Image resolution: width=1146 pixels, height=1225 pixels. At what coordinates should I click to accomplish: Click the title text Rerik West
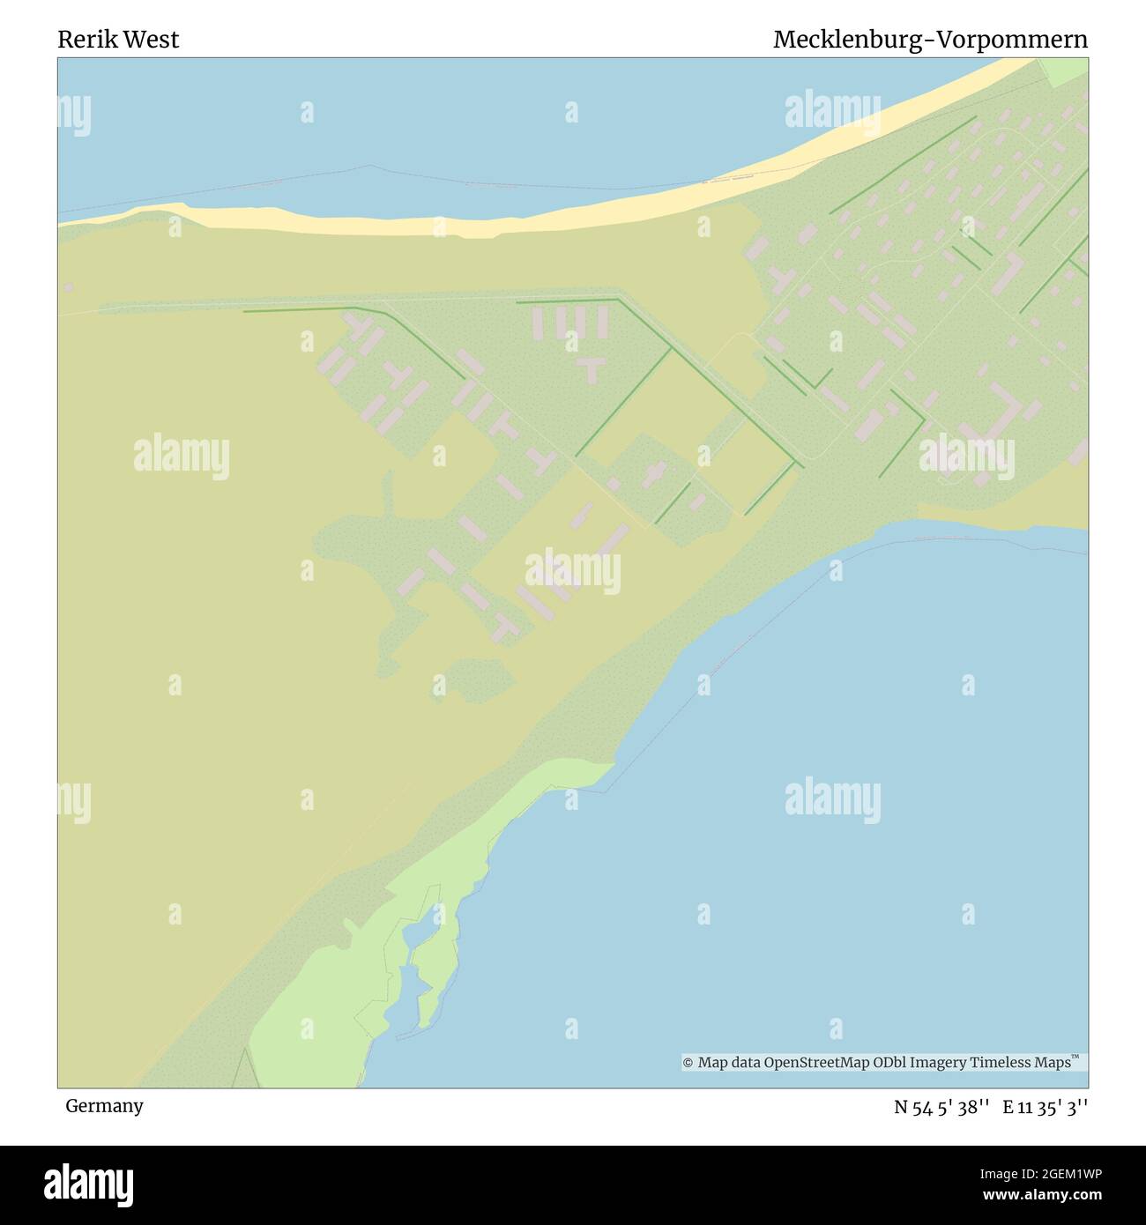(118, 40)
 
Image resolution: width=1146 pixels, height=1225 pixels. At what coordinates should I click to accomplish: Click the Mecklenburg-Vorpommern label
(930, 40)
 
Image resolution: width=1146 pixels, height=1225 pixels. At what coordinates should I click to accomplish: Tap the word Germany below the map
(104, 1106)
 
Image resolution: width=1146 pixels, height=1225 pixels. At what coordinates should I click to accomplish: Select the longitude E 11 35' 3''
(1045, 1107)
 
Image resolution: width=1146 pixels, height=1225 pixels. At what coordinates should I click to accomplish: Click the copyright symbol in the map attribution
(688, 1063)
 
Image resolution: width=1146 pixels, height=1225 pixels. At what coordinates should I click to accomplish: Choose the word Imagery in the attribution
(941, 1063)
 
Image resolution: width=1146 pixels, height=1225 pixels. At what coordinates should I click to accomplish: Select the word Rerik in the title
(85, 40)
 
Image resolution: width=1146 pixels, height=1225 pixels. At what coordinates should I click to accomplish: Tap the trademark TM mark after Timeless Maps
(1075, 1058)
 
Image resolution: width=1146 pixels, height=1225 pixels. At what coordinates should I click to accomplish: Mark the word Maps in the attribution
(1052, 1063)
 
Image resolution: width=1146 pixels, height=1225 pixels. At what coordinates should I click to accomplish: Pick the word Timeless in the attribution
(1001, 1063)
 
